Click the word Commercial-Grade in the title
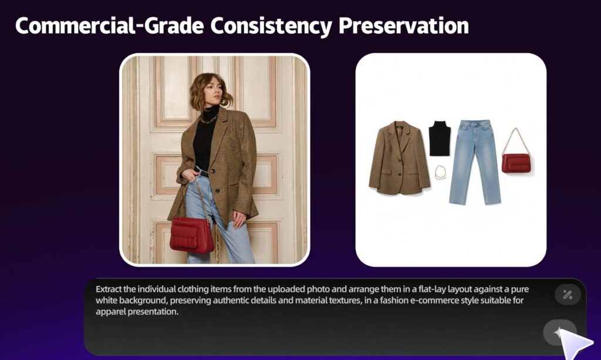pyautogui.click(x=110, y=26)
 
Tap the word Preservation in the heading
pyautogui.click(x=403, y=26)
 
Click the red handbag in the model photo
pyautogui.click(x=192, y=235)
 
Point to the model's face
pyautogui.click(x=212, y=92)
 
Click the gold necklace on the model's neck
pyautogui.click(x=210, y=119)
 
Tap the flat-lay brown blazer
pyautogui.click(x=399, y=158)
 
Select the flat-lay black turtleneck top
pyautogui.click(x=439, y=139)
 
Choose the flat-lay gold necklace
pyautogui.click(x=441, y=173)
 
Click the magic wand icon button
pyautogui.click(x=568, y=294)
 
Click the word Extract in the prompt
pyautogui.click(x=109, y=289)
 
